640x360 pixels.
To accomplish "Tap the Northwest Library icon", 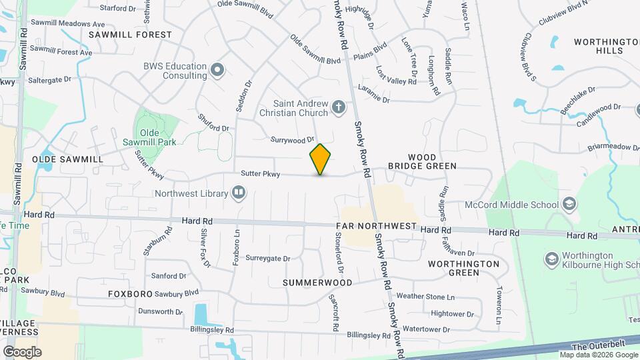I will click(239, 193).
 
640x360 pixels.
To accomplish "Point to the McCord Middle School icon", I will click(569, 204).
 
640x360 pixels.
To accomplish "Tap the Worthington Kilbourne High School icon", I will click(552, 258).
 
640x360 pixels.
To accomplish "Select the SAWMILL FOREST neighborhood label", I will click(129, 34).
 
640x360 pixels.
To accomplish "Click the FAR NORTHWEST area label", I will click(377, 227).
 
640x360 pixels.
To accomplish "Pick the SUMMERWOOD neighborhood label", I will click(317, 283).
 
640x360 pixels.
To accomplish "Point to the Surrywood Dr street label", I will click(292, 140).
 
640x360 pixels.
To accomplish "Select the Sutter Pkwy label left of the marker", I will click(260, 174).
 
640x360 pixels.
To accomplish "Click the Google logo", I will click(22, 351).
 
